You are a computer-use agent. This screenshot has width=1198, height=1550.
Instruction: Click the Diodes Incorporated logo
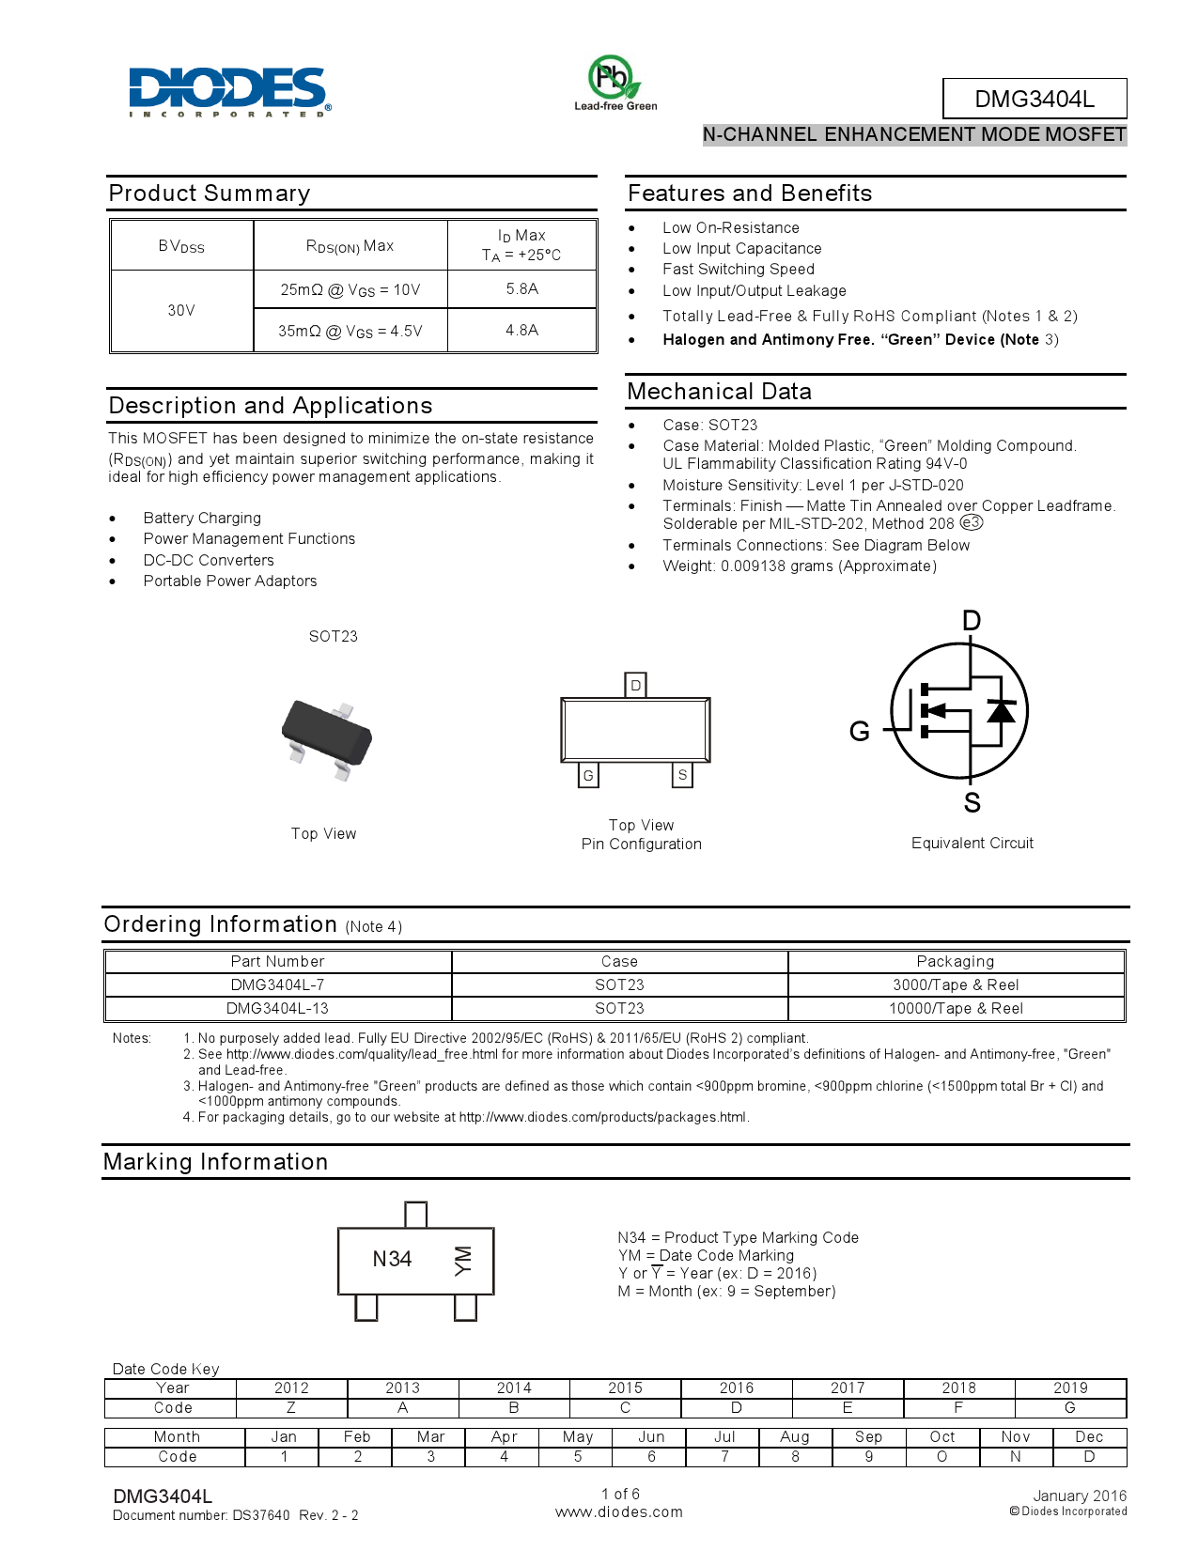pos(229,91)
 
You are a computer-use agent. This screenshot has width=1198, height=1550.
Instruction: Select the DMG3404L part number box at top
pos(1034,99)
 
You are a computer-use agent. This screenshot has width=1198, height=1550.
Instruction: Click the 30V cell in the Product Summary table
pos(181,311)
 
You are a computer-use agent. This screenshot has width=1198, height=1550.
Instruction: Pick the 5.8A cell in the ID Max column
pos(521,289)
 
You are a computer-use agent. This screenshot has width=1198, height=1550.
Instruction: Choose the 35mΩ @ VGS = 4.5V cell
pos(350,331)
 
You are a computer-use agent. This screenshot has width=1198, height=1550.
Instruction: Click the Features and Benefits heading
pos(750,194)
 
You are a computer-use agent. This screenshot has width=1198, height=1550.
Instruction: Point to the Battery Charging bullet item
pos(202,519)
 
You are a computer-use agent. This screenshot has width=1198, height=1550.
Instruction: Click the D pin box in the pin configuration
pos(636,686)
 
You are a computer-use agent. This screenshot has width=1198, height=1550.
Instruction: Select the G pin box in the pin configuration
pos(588,775)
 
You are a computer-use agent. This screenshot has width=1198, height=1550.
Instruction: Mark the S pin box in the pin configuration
pos(682,775)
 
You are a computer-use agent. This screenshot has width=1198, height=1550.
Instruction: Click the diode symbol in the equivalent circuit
pos(1001,711)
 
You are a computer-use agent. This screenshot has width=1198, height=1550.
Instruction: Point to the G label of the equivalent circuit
pos(859,732)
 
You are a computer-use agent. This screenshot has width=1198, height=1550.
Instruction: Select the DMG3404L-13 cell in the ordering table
pos(277,1009)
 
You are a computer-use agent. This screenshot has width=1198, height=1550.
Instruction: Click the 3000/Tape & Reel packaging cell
pos(956,985)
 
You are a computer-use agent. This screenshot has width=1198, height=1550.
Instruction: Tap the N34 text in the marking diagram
pos(392,1260)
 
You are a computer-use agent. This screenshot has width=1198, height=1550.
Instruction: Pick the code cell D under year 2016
pos(737,1408)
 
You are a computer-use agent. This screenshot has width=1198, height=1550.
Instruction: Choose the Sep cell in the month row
pos(868,1437)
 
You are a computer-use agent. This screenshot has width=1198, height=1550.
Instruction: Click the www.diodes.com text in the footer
pos(619,1512)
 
